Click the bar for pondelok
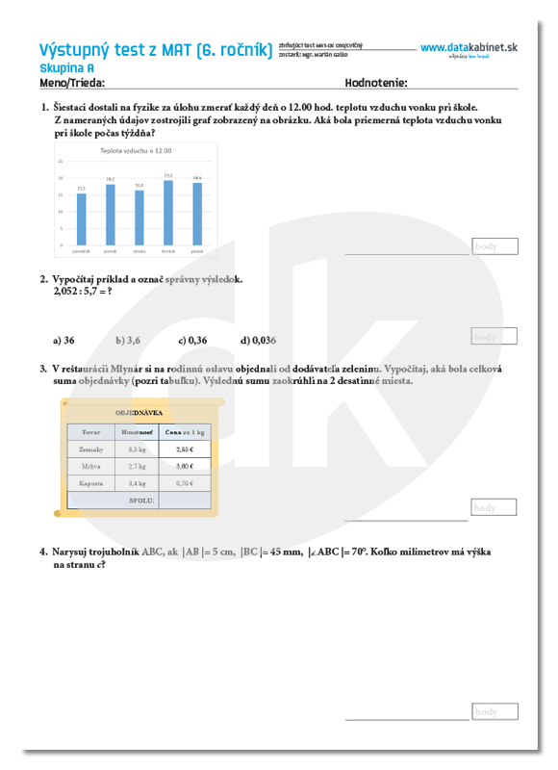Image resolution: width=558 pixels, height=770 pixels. [x=81, y=218]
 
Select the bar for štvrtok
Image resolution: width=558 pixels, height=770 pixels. [x=168, y=212]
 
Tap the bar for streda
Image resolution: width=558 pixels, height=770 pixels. [x=139, y=217]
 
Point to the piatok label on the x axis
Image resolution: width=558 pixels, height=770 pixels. [x=197, y=250]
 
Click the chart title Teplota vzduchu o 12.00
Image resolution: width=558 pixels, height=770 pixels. [x=136, y=151]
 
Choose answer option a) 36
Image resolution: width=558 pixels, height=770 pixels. [x=63, y=340]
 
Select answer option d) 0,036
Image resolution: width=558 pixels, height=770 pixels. [x=258, y=340]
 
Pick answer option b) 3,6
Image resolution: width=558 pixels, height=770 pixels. [x=128, y=340]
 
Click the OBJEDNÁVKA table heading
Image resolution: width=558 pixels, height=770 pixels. [x=139, y=412]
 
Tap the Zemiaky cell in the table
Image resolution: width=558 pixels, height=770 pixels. [x=91, y=449]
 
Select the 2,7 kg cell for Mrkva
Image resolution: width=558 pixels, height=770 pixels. [x=137, y=466]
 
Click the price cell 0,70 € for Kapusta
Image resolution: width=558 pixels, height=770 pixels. [x=185, y=483]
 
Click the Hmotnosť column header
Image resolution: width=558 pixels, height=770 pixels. [x=137, y=432]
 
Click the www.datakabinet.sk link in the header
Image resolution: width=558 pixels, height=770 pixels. [x=469, y=47]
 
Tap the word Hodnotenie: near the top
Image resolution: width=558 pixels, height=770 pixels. [x=375, y=83]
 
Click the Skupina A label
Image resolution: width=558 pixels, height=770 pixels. [x=66, y=68]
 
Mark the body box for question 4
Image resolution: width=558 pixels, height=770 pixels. [x=495, y=711]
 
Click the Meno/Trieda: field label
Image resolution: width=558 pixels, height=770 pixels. [x=72, y=83]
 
